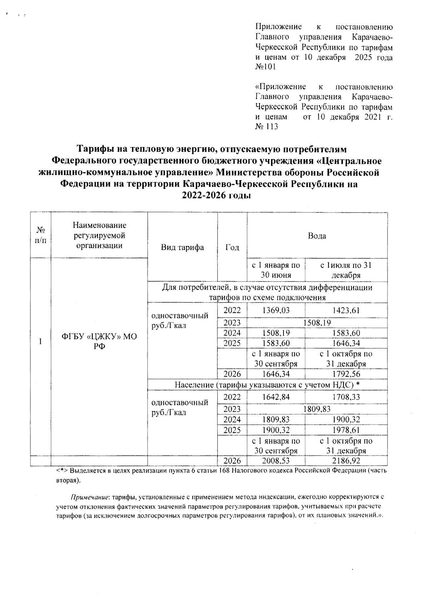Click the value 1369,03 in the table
coord(276,310)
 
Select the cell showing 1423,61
coord(345,310)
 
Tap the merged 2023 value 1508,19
coord(317,323)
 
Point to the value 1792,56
coord(345,374)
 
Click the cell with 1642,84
coord(276,397)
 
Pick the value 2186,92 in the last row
coord(345,461)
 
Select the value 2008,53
coord(276,461)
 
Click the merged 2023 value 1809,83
coord(317,409)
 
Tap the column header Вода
coord(317,236)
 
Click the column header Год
coord(232,248)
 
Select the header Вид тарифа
coord(182,248)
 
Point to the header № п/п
coord(40,236)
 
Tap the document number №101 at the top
coord(266,67)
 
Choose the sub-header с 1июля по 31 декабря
coord(345,270)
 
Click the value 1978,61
coord(345,430)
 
